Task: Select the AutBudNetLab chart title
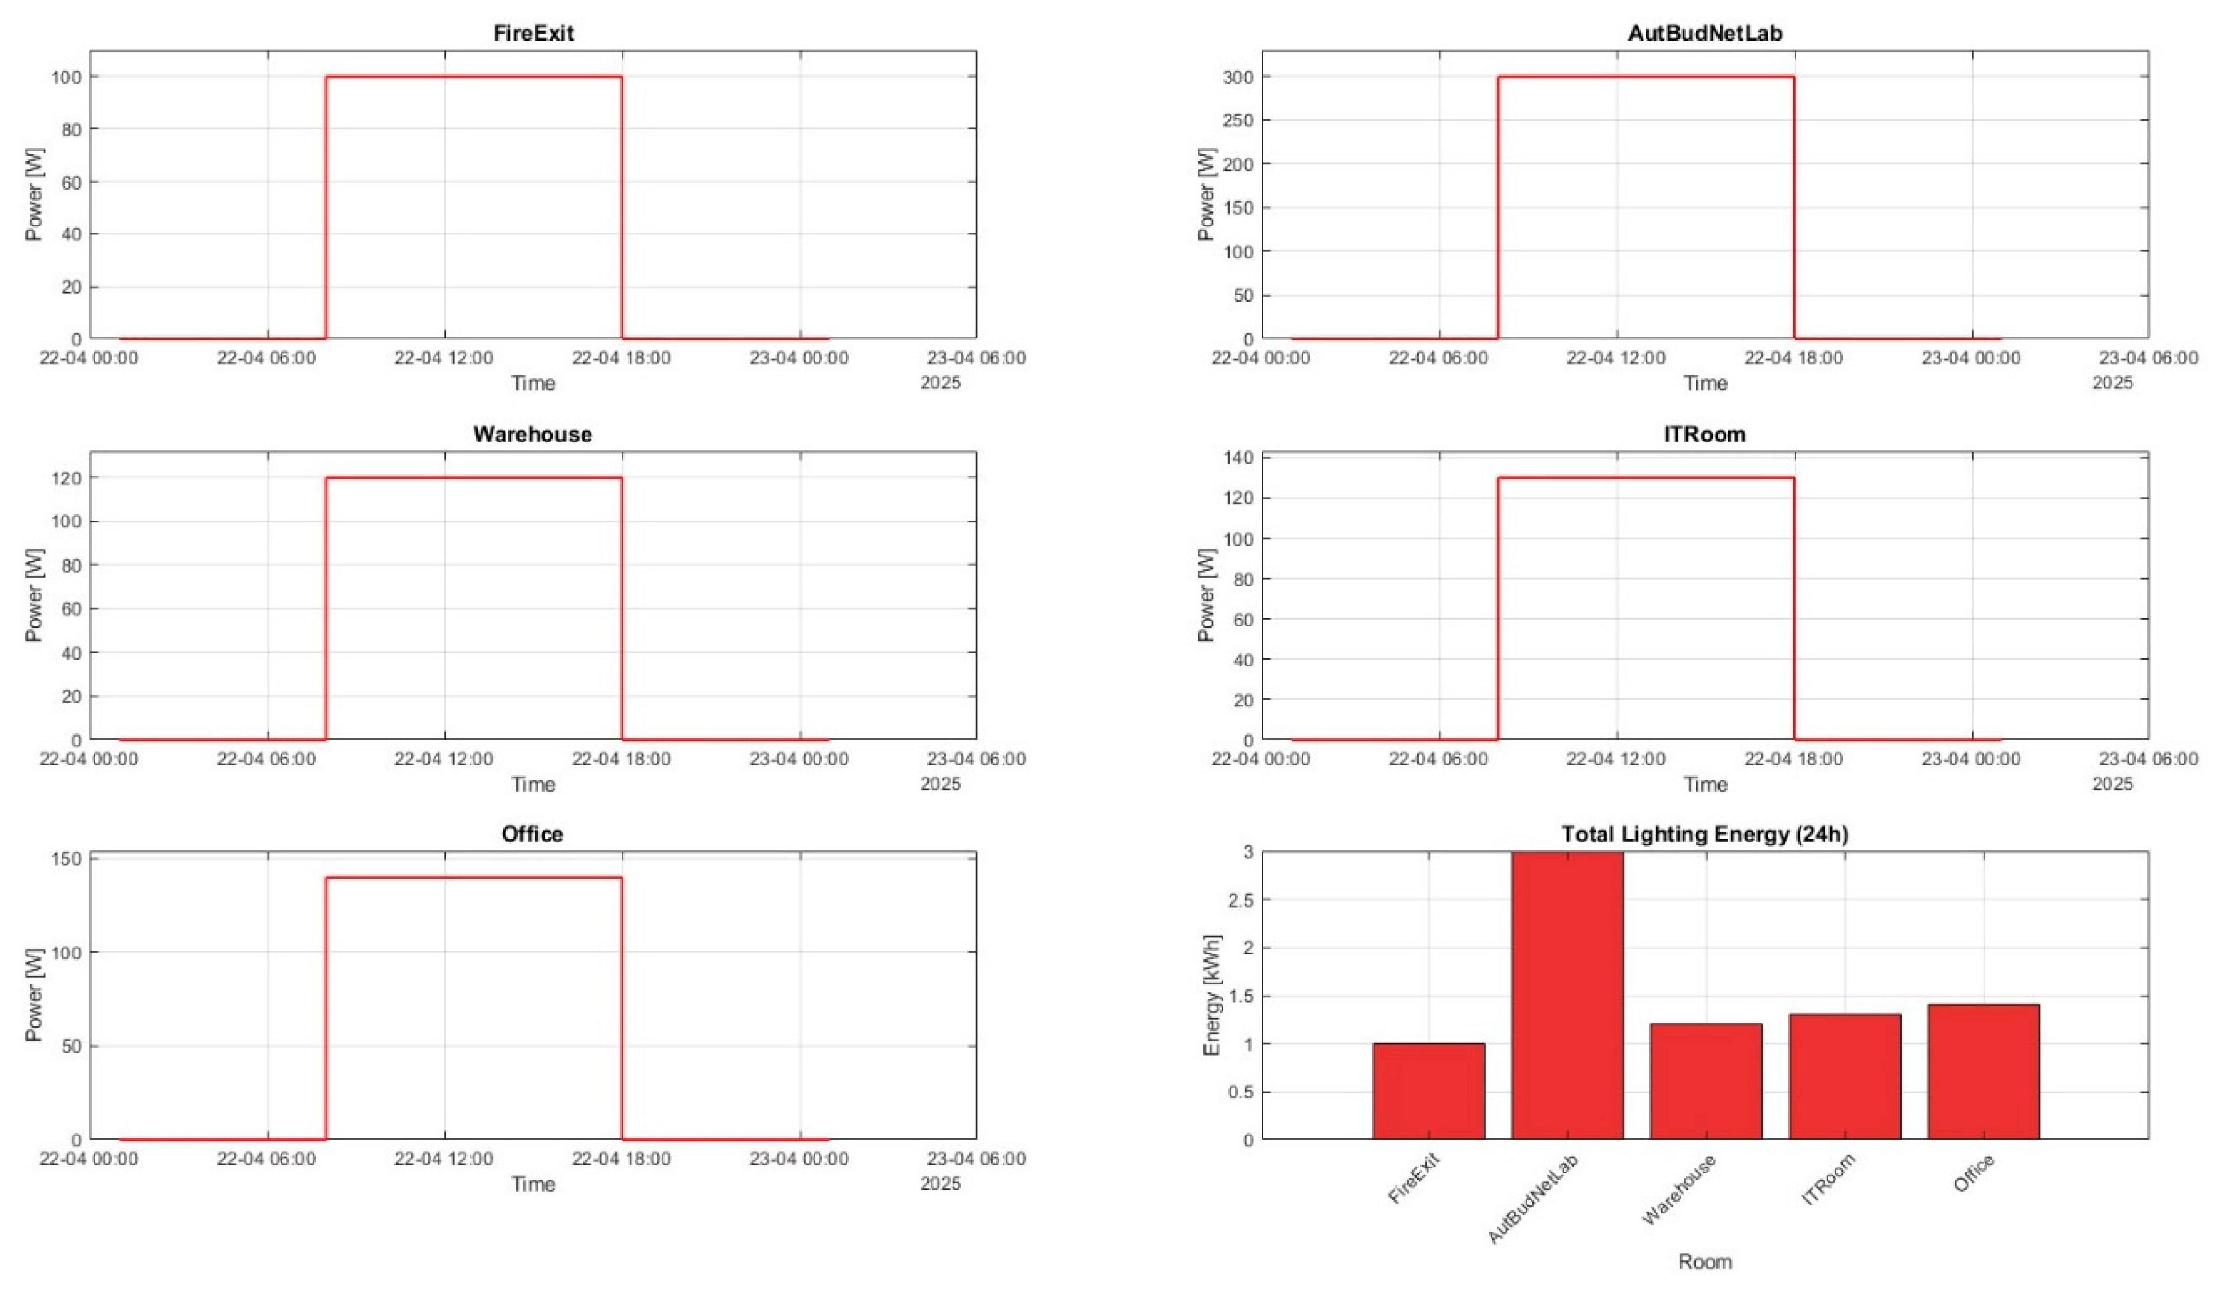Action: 1704,34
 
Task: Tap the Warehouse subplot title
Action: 532,434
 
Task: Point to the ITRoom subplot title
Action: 1704,434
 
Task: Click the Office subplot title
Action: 532,834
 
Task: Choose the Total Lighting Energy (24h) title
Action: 1704,834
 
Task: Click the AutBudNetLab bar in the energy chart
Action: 1566,996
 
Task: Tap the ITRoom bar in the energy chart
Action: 1844,1077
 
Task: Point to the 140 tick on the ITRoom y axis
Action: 1238,458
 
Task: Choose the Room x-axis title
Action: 1704,1262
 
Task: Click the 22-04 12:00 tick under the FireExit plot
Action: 444,357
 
